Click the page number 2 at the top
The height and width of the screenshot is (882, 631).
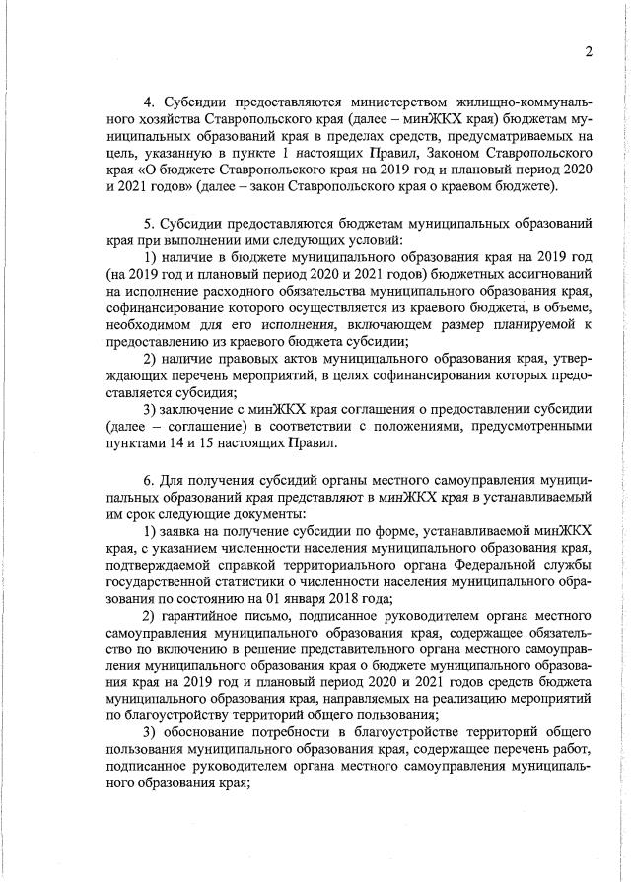[x=588, y=52]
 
